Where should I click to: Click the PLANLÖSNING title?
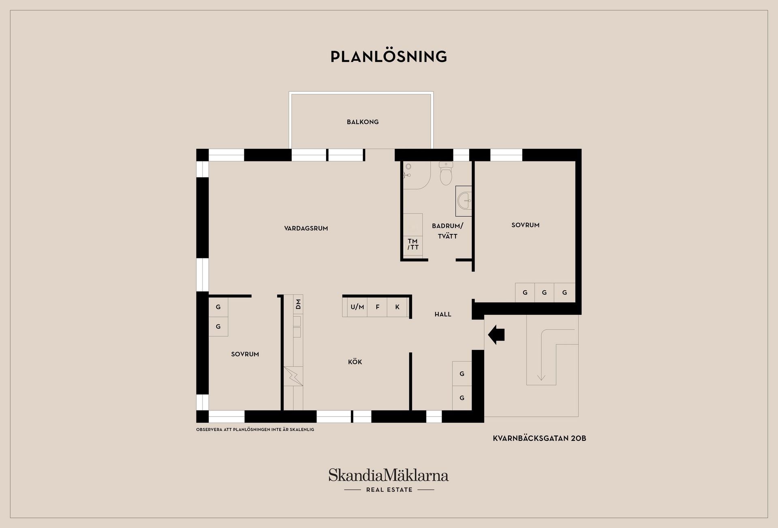(389, 56)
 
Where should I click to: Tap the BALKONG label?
(363, 122)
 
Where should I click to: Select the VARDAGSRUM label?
(306, 228)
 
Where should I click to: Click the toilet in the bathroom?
(446, 173)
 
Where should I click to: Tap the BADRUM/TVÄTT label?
(447, 231)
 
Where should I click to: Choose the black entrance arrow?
(496, 335)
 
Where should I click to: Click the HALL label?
(443, 314)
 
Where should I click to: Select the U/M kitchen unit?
(357, 307)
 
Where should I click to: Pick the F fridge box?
(377, 307)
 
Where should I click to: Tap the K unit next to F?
(398, 307)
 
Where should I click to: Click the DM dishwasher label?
(298, 304)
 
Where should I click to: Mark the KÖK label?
(355, 362)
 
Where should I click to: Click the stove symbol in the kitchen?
(293, 376)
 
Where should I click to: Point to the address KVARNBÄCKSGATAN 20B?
(539, 438)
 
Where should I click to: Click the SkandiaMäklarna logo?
(389, 480)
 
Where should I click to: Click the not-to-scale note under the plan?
(255, 429)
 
